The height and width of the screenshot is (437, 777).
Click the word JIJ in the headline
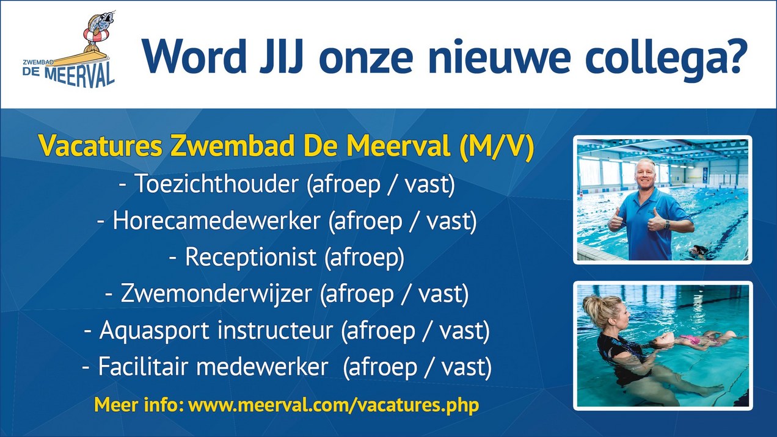click(x=281, y=57)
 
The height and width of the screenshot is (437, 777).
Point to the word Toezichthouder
click(x=216, y=183)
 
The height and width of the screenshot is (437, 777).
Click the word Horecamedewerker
click(x=216, y=220)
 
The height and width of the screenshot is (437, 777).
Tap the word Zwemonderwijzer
click(x=216, y=294)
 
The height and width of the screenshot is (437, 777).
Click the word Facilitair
click(x=144, y=366)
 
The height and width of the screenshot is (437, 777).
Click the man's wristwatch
click(x=666, y=225)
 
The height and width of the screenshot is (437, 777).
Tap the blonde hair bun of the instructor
click(x=592, y=305)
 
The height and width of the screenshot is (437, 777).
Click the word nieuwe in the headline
click(x=499, y=57)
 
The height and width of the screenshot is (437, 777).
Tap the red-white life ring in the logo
click(x=96, y=34)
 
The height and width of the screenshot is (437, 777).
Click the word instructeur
click(x=275, y=330)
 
